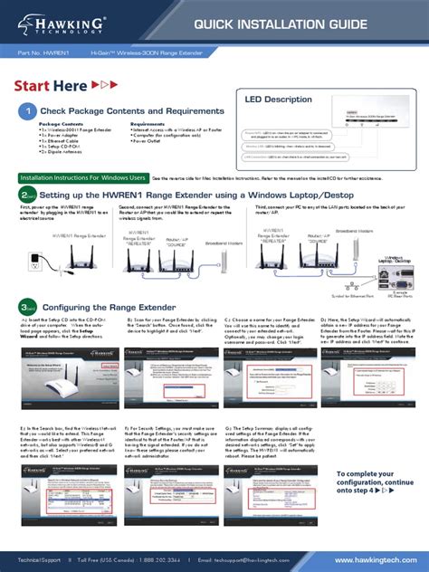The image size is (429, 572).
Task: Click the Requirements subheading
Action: [x=148, y=124]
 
